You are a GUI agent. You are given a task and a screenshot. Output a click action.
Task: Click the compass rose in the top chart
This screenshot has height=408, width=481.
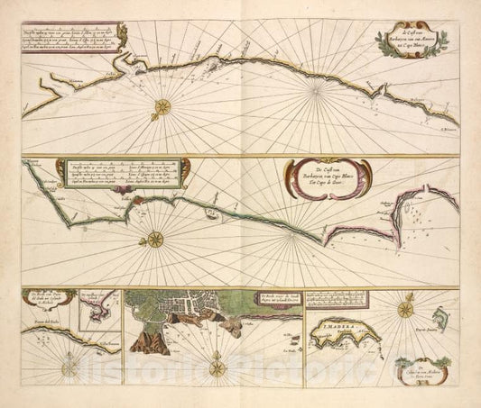coord(162,107)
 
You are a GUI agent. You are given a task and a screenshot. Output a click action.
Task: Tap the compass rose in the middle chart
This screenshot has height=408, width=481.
coord(154,239)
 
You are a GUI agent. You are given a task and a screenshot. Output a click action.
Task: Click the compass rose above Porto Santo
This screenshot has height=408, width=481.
coord(405,311)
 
